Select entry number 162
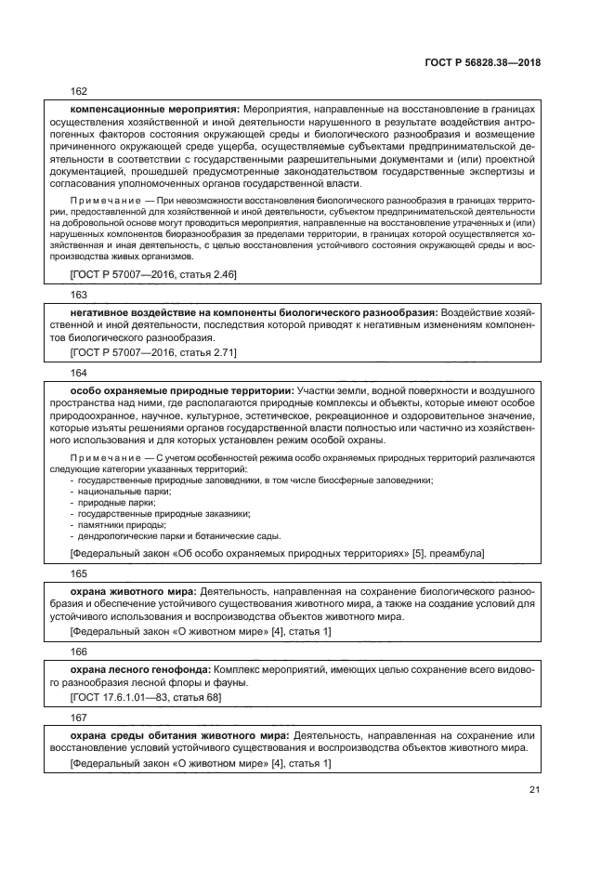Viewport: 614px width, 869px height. (x=79, y=92)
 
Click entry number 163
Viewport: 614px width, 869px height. (x=79, y=293)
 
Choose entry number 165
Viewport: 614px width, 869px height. (x=79, y=574)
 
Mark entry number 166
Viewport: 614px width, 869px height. (x=79, y=652)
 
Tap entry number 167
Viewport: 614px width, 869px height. (x=79, y=718)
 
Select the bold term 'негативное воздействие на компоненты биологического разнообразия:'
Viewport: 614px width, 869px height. (x=254, y=310)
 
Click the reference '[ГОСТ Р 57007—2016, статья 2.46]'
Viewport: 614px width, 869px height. (x=154, y=275)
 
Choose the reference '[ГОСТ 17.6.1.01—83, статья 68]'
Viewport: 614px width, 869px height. (x=146, y=696)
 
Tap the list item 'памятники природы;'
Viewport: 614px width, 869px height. (x=122, y=525)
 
